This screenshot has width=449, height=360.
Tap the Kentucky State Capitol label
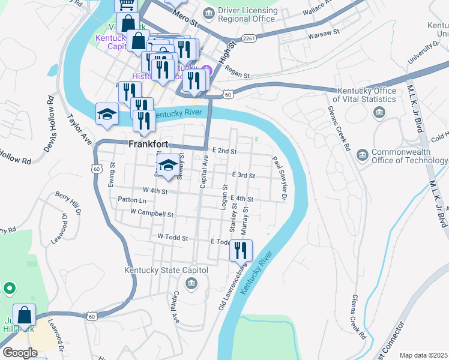166,271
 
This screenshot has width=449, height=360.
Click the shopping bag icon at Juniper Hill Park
24,315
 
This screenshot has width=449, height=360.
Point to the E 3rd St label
244,176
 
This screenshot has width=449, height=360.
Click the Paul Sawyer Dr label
280,178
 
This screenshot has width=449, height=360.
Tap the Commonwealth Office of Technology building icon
363,155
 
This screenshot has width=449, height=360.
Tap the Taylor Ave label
80,130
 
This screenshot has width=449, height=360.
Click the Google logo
20,353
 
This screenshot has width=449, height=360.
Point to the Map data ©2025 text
423,355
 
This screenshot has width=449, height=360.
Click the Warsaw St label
324,35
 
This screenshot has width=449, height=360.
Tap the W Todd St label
173,238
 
